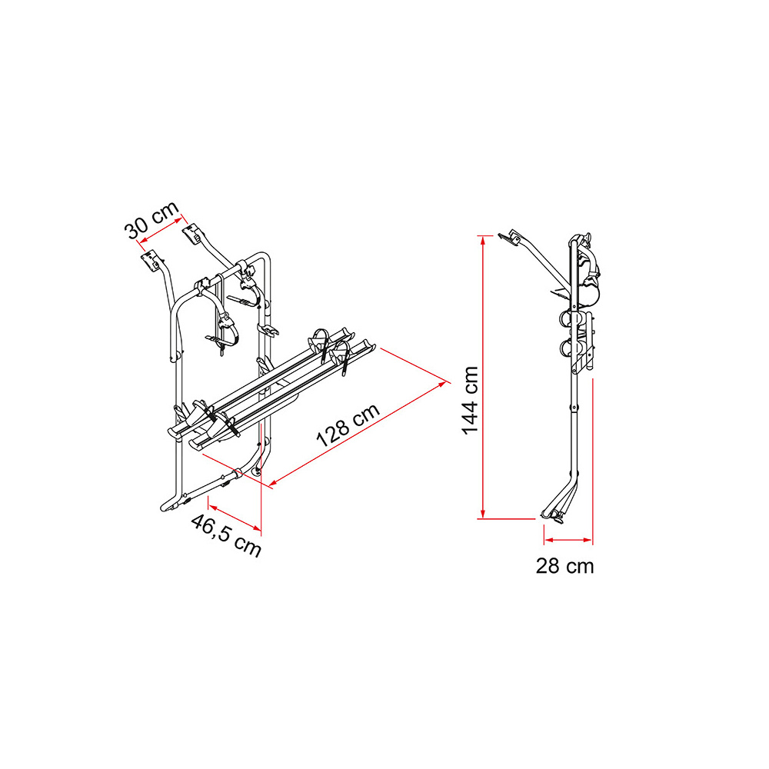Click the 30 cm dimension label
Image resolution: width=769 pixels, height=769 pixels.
pyautogui.click(x=151, y=221)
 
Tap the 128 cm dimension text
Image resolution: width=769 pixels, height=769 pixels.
pyautogui.click(x=348, y=425)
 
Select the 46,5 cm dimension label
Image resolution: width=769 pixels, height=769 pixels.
pyautogui.click(x=226, y=535)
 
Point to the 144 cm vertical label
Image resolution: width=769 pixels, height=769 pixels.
pyautogui.click(x=470, y=400)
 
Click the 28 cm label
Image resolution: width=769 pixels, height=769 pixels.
pyautogui.click(x=564, y=566)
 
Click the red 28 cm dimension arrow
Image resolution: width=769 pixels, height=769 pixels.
pyautogui.click(x=568, y=540)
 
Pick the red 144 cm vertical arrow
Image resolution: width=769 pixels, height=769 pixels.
pyautogui.click(x=483, y=377)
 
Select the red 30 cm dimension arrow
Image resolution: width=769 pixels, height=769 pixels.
pyautogui.click(x=161, y=230)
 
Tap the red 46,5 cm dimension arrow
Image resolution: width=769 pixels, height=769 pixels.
pyautogui.click(x=235, y=517)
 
